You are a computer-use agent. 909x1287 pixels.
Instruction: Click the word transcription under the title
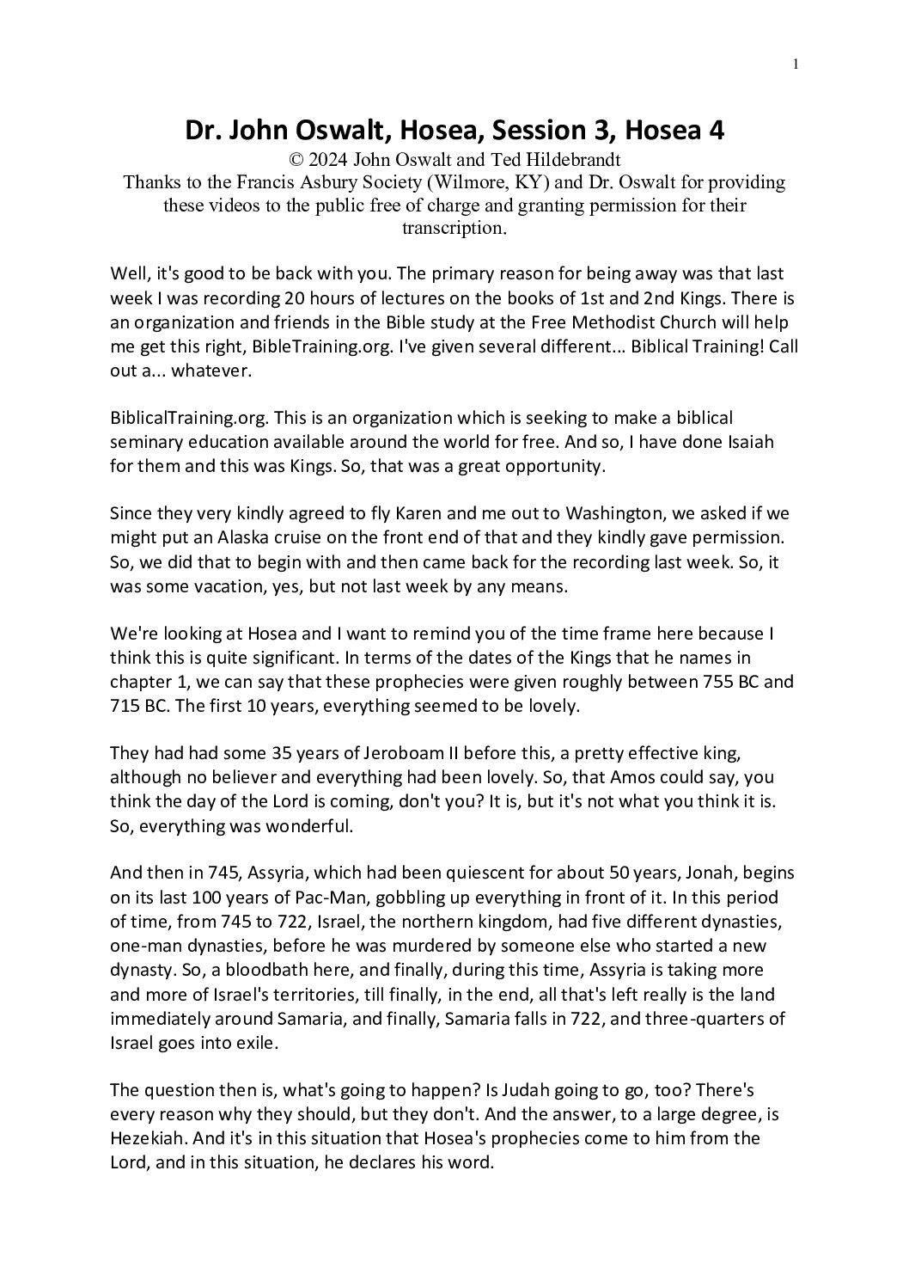pyautogui.click(x=454, y=228)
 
